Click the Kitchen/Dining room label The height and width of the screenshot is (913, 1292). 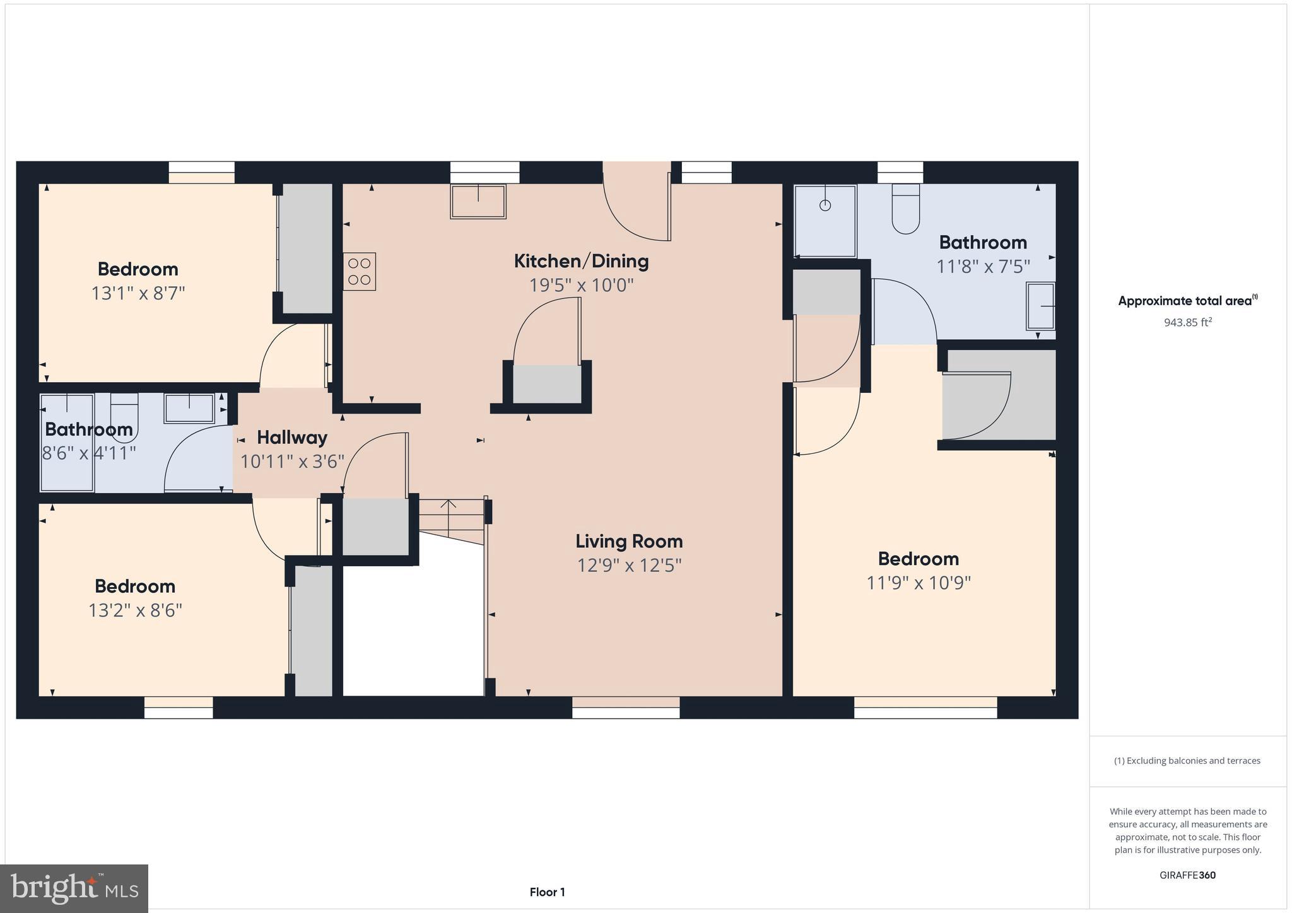(x=581, y=261)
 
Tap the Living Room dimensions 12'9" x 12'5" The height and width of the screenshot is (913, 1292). (x=629, y=565)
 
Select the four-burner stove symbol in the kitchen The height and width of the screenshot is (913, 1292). (x=360, y=272)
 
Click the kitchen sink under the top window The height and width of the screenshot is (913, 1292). (x=478, y=201)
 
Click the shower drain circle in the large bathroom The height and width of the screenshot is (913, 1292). (x=825, y=206)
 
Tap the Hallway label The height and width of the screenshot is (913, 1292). (x=292, y=438)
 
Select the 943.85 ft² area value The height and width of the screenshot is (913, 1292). (x=1188, y=323)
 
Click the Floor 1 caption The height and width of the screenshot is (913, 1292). (x=547, y=892)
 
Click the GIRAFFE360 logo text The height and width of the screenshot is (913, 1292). (x=1187, y=875)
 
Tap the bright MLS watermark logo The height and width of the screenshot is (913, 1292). (x=74, y=888)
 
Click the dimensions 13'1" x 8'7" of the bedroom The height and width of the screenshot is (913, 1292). (x=138, y=293)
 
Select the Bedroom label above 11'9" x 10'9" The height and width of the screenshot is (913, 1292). (x=918, y=559)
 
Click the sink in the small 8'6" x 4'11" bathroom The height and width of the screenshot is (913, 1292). (x=189, y=408)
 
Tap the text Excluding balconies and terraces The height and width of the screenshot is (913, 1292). (x=1187, y=760)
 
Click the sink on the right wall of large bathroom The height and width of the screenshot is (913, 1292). (x=1041, y=306)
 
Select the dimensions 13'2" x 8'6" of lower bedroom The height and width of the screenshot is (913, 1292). (x=135, y=610)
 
